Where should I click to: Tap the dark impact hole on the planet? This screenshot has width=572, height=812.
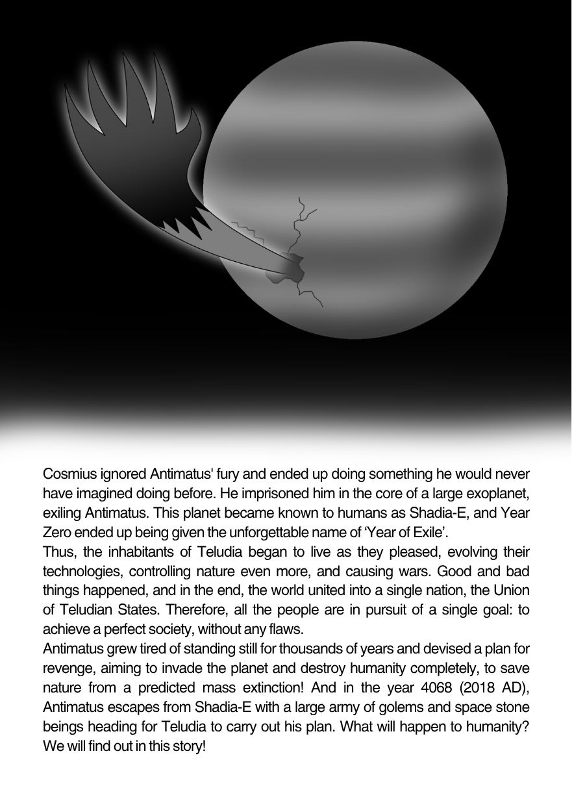tap(288, 267)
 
